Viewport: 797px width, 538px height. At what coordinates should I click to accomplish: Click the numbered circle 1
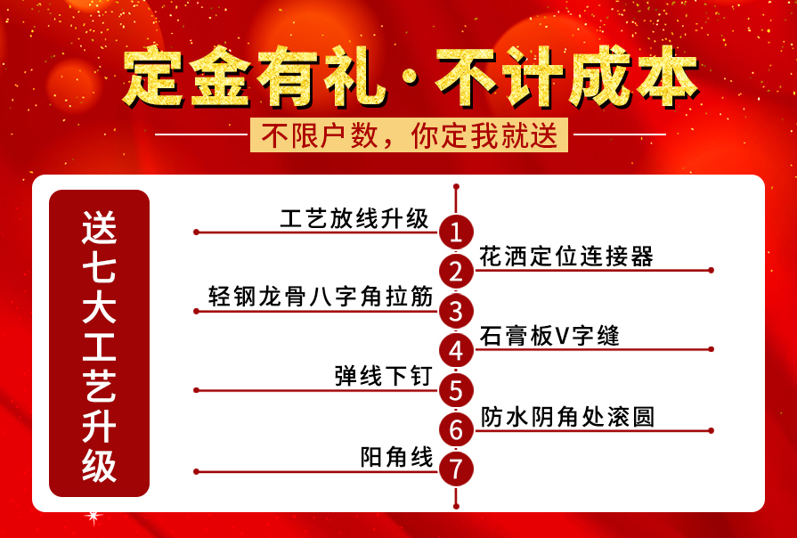(x=456, y=232)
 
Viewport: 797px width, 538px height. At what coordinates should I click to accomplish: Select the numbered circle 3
(x=456, y=311)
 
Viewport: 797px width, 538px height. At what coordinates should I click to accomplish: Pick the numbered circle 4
(x=456, y=350)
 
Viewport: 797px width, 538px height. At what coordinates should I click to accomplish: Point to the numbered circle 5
(x=456, y=389)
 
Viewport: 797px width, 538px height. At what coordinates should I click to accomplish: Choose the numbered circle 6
(x=456, y=429)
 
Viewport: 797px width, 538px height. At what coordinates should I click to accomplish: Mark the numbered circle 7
(x=456, y=469)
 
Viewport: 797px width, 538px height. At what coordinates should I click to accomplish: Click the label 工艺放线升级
(x=354, y=218)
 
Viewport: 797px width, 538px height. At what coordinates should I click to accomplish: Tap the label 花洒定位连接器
(x=566, y=257)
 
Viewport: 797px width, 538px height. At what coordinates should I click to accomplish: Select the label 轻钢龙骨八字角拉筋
(x=321, y=297)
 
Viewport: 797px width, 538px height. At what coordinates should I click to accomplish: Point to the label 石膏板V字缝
(x=549, y=336)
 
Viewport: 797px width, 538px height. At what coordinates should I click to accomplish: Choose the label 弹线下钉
(x=383, y=376)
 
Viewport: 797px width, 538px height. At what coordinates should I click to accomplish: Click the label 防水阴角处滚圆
(x=567, y=416)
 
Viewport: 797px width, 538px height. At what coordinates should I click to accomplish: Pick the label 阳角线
(x=396, y=457)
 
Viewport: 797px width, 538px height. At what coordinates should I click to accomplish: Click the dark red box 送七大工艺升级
(x=99, y=343)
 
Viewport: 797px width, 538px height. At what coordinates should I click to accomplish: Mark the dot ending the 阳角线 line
(x=195, y=471)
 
